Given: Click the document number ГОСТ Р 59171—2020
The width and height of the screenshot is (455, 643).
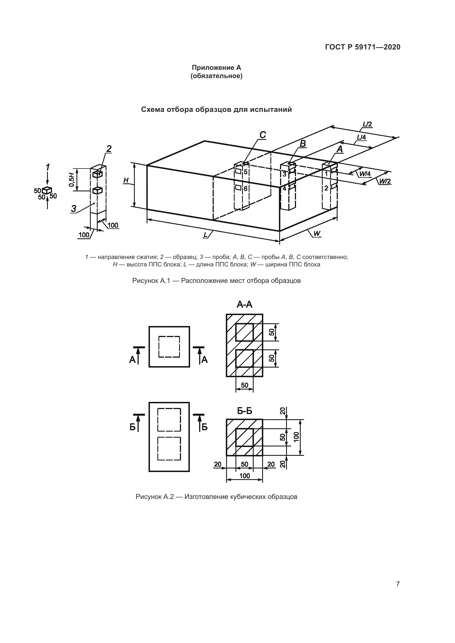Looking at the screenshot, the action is pos(363,47).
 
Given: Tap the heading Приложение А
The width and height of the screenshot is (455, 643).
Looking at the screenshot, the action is pos(216,68).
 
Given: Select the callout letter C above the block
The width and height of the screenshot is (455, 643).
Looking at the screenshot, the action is pos(262,135).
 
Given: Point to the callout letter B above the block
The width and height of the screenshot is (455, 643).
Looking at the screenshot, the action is pos(303,144).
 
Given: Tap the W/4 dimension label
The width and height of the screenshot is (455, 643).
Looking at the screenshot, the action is pos(365,174).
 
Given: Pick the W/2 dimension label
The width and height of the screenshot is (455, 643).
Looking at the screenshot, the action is pos(385,181).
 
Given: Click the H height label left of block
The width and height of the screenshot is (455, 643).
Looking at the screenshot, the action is pos(126,181).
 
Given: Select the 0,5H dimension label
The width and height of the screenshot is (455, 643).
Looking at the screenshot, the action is pos(72,180).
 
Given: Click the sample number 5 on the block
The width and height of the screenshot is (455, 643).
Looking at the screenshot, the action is pos(246,172).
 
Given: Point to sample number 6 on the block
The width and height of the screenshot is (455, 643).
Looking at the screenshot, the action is pos(246,189).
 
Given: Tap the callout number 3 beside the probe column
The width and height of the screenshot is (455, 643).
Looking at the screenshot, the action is pos(74,209).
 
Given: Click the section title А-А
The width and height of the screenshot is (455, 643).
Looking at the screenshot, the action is pos(245,304).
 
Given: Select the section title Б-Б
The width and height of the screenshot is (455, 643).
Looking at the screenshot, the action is pos(245,411).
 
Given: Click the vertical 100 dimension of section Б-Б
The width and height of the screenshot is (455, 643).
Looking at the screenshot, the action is pos(297,437).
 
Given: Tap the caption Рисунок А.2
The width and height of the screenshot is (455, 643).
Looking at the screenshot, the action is pos(155,497).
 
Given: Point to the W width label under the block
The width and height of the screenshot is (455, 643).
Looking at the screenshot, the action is pos(317,233).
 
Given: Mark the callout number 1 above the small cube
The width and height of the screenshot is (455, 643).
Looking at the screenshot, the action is pos(48,167).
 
